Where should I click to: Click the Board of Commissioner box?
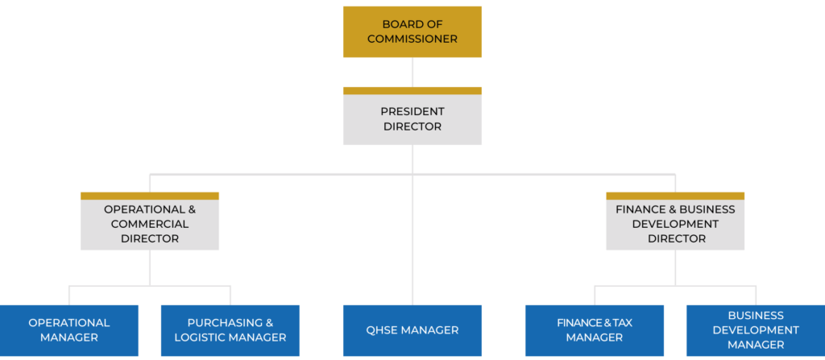(412, 31)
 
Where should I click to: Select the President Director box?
(412, 119)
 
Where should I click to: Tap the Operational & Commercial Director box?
(149, 224)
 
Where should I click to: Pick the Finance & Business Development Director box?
(675, 224)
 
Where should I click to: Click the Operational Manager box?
(68, 330)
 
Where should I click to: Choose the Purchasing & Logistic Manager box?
(230, 330)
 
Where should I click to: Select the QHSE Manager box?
(412, 330)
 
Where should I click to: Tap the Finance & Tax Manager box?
(595, 330)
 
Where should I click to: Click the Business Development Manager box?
(756, 330)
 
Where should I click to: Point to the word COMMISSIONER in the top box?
(412, 39)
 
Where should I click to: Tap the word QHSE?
(383, 330)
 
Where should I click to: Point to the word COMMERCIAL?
(149, 224)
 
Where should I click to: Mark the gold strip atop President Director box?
(412, 90)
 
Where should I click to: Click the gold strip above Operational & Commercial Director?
(149, 196)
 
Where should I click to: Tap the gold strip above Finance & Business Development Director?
(675, 196)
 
